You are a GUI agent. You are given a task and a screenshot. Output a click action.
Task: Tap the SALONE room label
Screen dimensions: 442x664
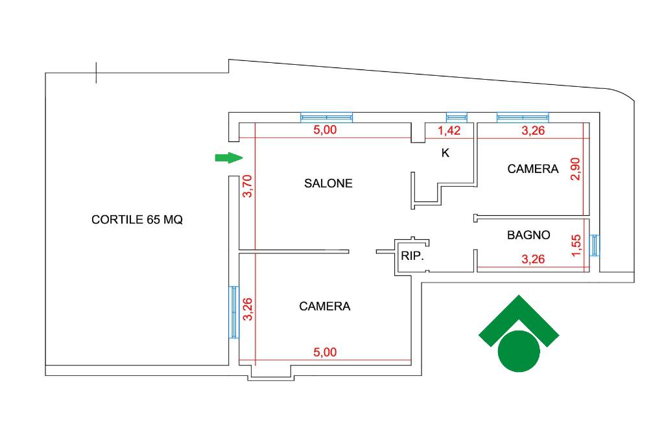pyautogui.click(x=328, y=183)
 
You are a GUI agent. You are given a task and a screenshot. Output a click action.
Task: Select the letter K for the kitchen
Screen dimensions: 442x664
pyautogui.click(x=445, y=154)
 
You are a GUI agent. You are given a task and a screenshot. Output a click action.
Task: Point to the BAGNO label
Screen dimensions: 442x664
pyautogui.click(x=528, y=235)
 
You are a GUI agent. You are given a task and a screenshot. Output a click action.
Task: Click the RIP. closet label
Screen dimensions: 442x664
pyautogui.click(x=412, y=256)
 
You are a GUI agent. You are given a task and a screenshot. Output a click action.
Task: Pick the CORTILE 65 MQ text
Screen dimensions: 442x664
pyautogui.click(x=137, y=220)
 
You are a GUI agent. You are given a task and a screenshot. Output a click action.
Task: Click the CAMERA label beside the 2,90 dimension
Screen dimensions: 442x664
pyautogui.click(x=532, y=169)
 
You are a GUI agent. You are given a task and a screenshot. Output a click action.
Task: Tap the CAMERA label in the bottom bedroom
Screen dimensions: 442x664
pyautogui.click(x=324, y=307)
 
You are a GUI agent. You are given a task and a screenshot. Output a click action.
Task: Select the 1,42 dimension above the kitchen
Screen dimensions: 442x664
pyautogui.click(x=449, y=130)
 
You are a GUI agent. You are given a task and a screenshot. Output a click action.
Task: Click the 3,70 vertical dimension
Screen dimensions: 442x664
pyautogui.click(x=246, y=186)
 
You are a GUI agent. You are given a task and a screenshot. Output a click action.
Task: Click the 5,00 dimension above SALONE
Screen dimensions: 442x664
pyautogui.click(x=325, y=130)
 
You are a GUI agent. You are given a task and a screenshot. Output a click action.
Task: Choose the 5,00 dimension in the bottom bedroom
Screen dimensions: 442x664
pyautogui.click(x=325, y=353)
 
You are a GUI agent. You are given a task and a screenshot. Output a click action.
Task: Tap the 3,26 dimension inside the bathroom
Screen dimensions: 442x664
pyautogui.click(x=533, y=260)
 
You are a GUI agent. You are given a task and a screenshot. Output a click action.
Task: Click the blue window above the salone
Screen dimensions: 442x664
pyautogui.click(x=326, y=117)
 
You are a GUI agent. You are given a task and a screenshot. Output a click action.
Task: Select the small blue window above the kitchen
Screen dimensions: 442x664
pyautogui.click(x=456, y=117)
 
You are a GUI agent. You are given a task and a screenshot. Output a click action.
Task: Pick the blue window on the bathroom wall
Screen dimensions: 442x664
pyautogui.click(x=595, y=245)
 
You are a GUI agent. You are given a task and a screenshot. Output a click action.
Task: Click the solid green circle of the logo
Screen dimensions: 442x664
pyautogui.click(x=519, y=351)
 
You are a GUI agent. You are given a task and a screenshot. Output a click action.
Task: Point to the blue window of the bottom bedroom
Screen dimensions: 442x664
pyautogui.click(x=234, y=312)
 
